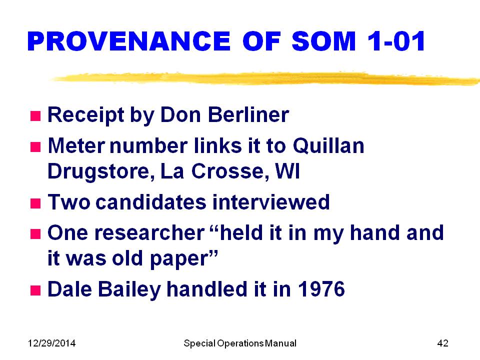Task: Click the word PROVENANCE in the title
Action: tap(129, 41)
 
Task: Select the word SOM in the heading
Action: tap(323, 41)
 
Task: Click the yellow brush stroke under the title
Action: tap(265, 78)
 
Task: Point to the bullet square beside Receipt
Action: tap(35, 116)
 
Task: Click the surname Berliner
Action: tap(248, 114)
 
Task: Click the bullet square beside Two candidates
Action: tap(35, 203)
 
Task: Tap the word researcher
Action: tap(149, 232)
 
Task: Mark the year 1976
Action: tap(321, 289)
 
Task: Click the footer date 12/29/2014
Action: tap(51, 343)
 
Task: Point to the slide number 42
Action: tap(442, 343)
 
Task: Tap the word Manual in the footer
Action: tap(280, 343)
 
